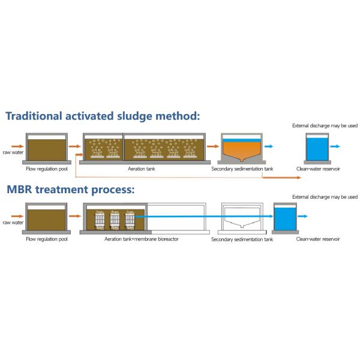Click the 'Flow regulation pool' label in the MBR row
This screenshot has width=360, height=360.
pos(47,239)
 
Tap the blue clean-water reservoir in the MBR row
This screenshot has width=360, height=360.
pos(285,218)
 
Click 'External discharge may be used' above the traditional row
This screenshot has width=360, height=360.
pos(325,125)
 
